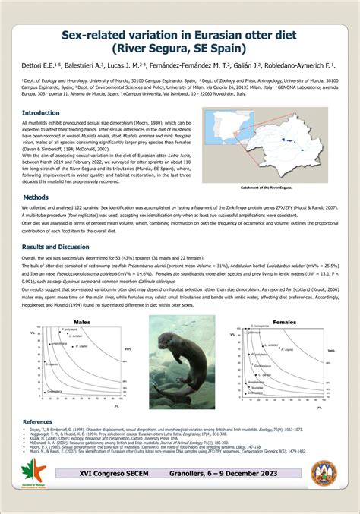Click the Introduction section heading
(42, 112)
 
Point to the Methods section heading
(36, 197)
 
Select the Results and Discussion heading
(55, 248)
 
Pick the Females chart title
(284, 322)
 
